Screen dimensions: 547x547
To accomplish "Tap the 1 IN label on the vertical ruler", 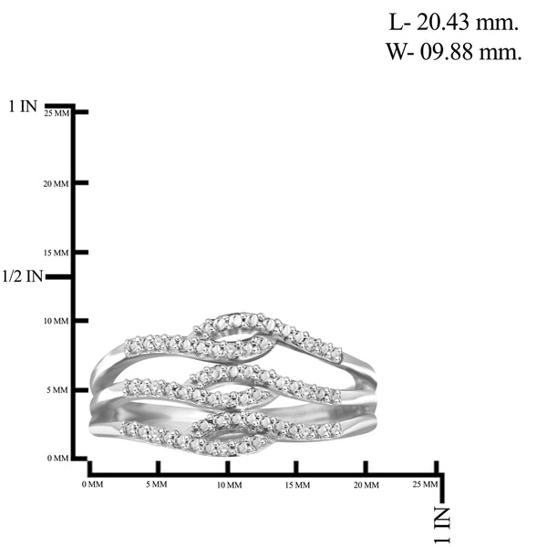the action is click(x=23, y=106).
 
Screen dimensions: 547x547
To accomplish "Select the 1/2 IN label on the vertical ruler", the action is click(x=23, y=276).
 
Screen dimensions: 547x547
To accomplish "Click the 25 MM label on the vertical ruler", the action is click(x=57, y=113).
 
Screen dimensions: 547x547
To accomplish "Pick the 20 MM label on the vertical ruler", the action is click(x=57, y=184).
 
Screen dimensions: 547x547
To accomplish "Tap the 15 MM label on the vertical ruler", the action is click(x=57, y=253).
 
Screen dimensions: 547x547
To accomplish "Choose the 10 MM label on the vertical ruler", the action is click(x=57, y=321).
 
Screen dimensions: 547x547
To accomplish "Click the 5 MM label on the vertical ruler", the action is click(x=57, y=390).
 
